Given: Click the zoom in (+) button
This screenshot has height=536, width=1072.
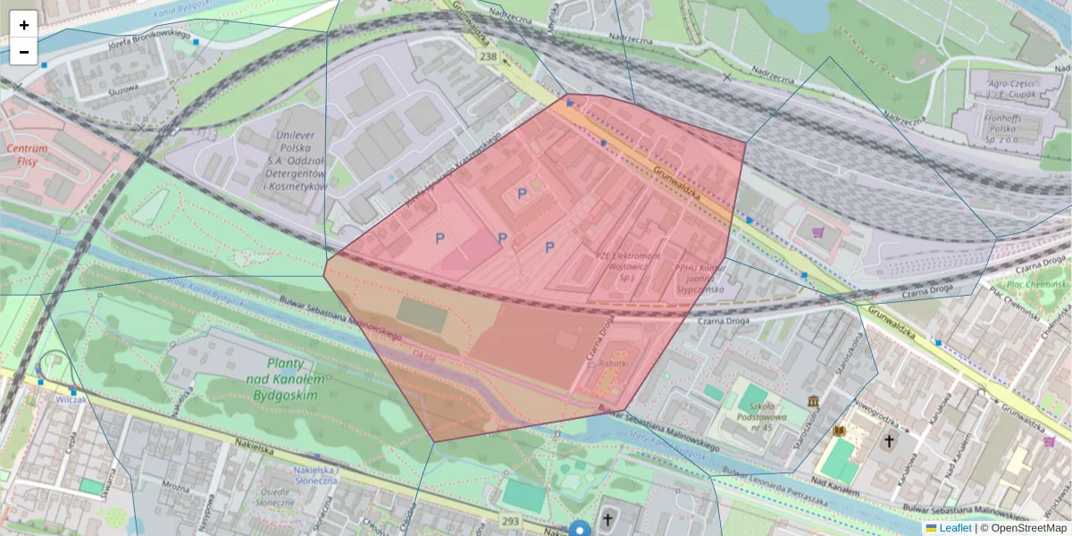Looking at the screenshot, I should point(24,25).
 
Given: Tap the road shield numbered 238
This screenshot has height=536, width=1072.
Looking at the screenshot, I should point(488,56).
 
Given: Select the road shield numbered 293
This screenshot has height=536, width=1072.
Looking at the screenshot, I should point(510,521).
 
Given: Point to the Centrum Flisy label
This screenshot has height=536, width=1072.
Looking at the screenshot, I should point(27,155).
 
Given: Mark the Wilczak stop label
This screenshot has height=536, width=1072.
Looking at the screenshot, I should point(71,400).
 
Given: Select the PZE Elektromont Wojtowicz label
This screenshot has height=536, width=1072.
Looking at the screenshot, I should point(628,266).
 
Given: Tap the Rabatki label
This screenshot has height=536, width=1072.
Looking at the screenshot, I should point(613,363).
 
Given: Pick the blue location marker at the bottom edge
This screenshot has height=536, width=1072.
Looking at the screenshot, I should point(581,529).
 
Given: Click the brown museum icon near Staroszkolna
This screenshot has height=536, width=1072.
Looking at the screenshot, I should point(813,402).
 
